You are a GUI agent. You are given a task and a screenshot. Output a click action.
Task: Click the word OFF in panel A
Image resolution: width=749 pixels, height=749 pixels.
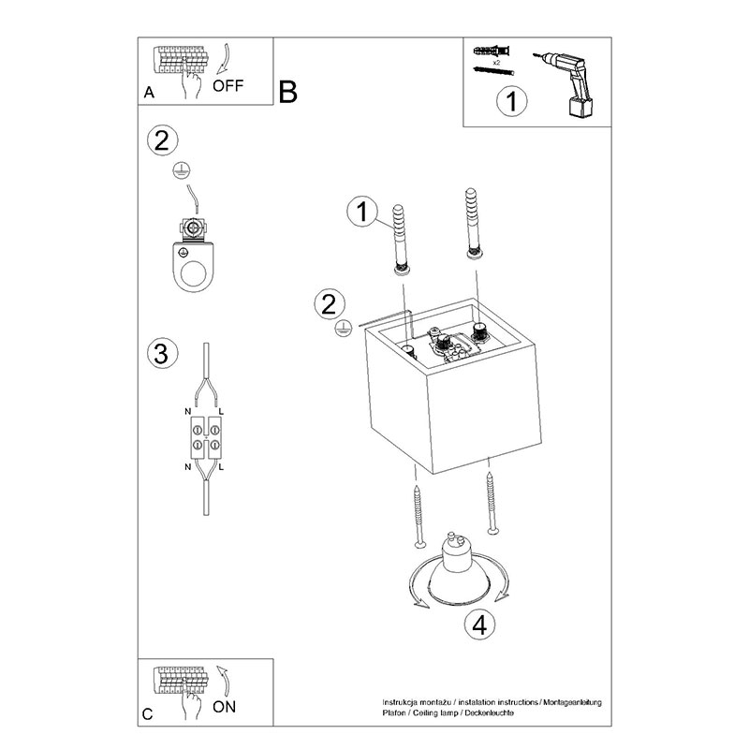tap(228, 86)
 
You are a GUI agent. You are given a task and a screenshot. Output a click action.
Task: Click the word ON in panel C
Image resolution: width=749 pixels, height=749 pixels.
tap(225, 707)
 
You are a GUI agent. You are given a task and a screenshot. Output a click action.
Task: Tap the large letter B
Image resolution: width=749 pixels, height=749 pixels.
tap(287, 92)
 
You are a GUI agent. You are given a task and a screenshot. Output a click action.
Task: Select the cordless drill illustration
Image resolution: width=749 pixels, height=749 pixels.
tap(567, 82)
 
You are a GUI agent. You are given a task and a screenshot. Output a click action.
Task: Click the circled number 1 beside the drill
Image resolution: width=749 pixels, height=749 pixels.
tap(512, 101)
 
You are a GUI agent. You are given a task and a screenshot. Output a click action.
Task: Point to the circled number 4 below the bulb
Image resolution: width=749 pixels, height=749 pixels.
tap(479, 624)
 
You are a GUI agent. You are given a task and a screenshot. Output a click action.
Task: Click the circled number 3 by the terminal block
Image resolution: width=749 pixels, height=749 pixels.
tap(161, 354)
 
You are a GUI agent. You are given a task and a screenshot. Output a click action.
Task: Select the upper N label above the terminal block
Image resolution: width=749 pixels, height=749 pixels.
tap(188, 411)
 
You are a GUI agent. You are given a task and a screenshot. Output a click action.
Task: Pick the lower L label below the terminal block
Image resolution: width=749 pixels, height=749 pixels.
tap(221, 467)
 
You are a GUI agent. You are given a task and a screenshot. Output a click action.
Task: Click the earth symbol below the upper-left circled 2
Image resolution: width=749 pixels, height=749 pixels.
tap(182, 170)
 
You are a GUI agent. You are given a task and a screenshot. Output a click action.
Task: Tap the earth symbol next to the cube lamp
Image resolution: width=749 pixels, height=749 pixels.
tap(343, 330)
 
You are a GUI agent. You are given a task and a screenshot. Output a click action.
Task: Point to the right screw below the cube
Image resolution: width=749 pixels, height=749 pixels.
tap(492, 503)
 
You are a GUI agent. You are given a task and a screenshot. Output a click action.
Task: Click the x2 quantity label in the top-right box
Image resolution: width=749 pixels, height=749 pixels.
tap(496, 62)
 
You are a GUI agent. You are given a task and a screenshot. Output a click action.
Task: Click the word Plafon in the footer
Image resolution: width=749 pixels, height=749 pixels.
tap(393, 712)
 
